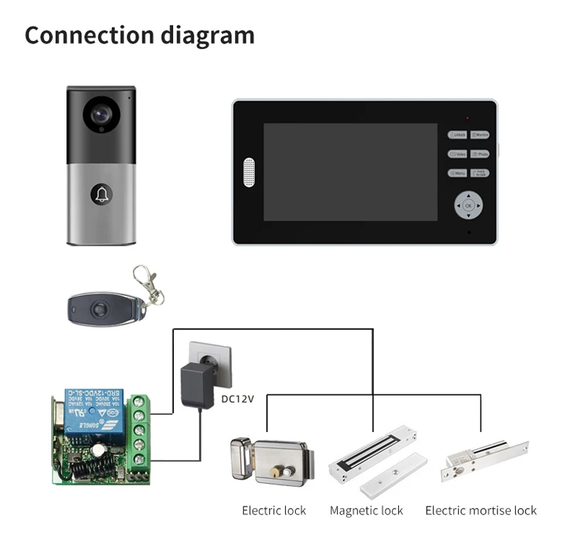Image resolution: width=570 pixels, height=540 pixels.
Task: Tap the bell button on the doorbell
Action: (100, 194)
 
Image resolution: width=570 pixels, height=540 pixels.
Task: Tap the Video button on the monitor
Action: (457, 154)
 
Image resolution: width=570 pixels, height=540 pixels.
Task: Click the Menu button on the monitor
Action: (457, 173)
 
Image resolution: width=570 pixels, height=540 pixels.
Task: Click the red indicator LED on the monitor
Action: (467, 117)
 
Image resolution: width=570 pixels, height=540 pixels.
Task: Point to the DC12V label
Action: (237, 399)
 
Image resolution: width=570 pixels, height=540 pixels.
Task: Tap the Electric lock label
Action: (274, 511)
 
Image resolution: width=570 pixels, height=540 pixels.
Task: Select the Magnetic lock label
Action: (366, 511)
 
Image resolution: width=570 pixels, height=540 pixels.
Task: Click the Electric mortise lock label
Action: (481, 511)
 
